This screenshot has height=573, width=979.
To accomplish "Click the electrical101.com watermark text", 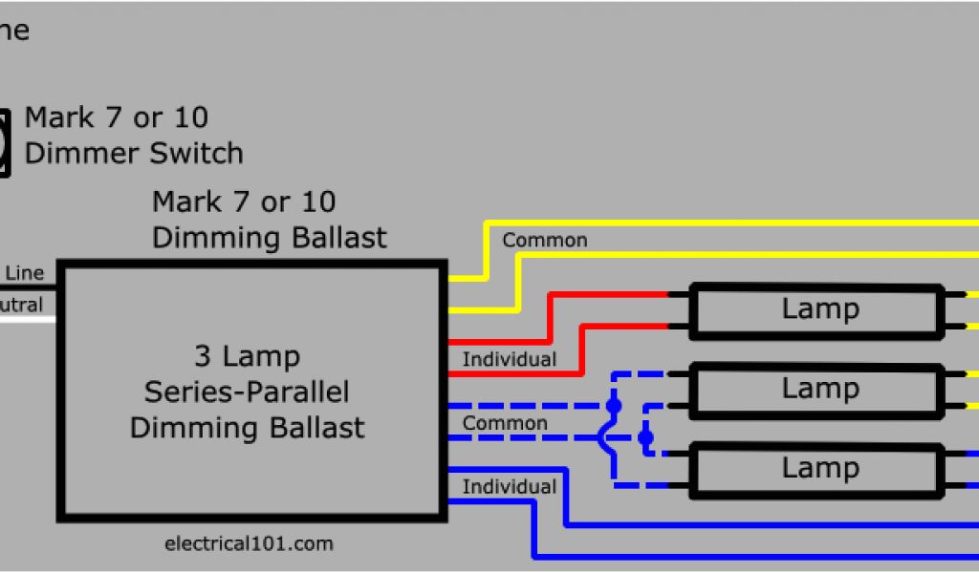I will [x=249, y=544].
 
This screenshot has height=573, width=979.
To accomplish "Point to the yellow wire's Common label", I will [x=545, y=241].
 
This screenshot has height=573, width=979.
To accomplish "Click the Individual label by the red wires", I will [x=509, y=360].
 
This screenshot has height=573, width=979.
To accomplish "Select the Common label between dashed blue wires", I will [x=505, y=423].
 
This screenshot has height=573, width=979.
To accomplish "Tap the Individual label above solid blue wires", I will [x=509, y=487].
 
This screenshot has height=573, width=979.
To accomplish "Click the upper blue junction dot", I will [x=614, y=406].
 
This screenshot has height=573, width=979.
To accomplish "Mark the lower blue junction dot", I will [x=645, y=438].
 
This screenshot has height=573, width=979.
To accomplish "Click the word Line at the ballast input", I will [x=25, y=273].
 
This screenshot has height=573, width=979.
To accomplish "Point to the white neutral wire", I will [x=29, y=318].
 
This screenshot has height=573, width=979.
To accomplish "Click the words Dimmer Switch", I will [x=134, y=153].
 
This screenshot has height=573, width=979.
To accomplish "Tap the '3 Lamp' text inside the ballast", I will [x=247, y=357].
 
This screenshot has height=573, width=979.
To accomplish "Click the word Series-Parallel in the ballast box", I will [x=247, y=392].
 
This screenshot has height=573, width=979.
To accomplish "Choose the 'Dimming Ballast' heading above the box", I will [x=270, y=237].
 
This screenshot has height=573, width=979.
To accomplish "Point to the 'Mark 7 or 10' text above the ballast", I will [x=244, y=202].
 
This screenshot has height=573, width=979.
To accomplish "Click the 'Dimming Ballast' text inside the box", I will [x=247, y=427].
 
